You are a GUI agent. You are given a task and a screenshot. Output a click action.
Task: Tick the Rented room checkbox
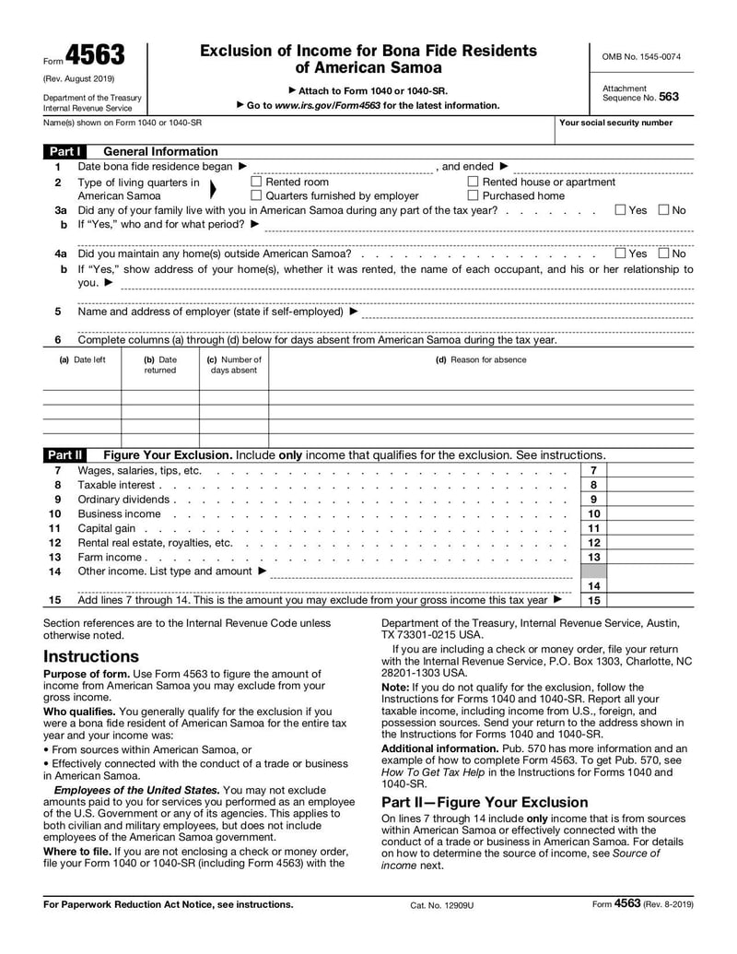coord(257,183)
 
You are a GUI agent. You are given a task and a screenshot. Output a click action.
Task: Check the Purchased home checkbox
coord(474,195)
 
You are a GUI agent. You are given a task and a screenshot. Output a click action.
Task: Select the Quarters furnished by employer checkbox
coord(257,195)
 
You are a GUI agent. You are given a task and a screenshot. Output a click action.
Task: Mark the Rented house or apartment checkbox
coord(474,183)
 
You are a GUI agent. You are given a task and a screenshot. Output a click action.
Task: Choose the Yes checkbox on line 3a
coord(620,210)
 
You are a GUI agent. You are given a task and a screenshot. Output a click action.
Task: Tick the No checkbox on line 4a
coord(663,253)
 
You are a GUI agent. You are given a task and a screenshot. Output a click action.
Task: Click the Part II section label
coord(65,455)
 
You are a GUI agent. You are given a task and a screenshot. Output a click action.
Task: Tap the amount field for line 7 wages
coord(650,471)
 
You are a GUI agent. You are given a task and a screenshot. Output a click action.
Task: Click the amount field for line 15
coord(650,600)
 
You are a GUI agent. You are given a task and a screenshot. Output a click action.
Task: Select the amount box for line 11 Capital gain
coord(650,528)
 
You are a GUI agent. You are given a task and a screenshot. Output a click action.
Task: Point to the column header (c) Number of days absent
coord(234,365)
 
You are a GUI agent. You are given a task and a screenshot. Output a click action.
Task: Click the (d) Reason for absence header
coord(481,359)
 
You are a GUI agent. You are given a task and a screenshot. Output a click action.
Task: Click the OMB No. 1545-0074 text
coord(641,57)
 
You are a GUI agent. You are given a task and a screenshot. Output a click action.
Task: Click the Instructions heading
coord(91,656)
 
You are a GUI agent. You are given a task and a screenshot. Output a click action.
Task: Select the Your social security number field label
coord(615,123)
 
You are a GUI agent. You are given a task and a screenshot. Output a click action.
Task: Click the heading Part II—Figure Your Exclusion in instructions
coord(485,802)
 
